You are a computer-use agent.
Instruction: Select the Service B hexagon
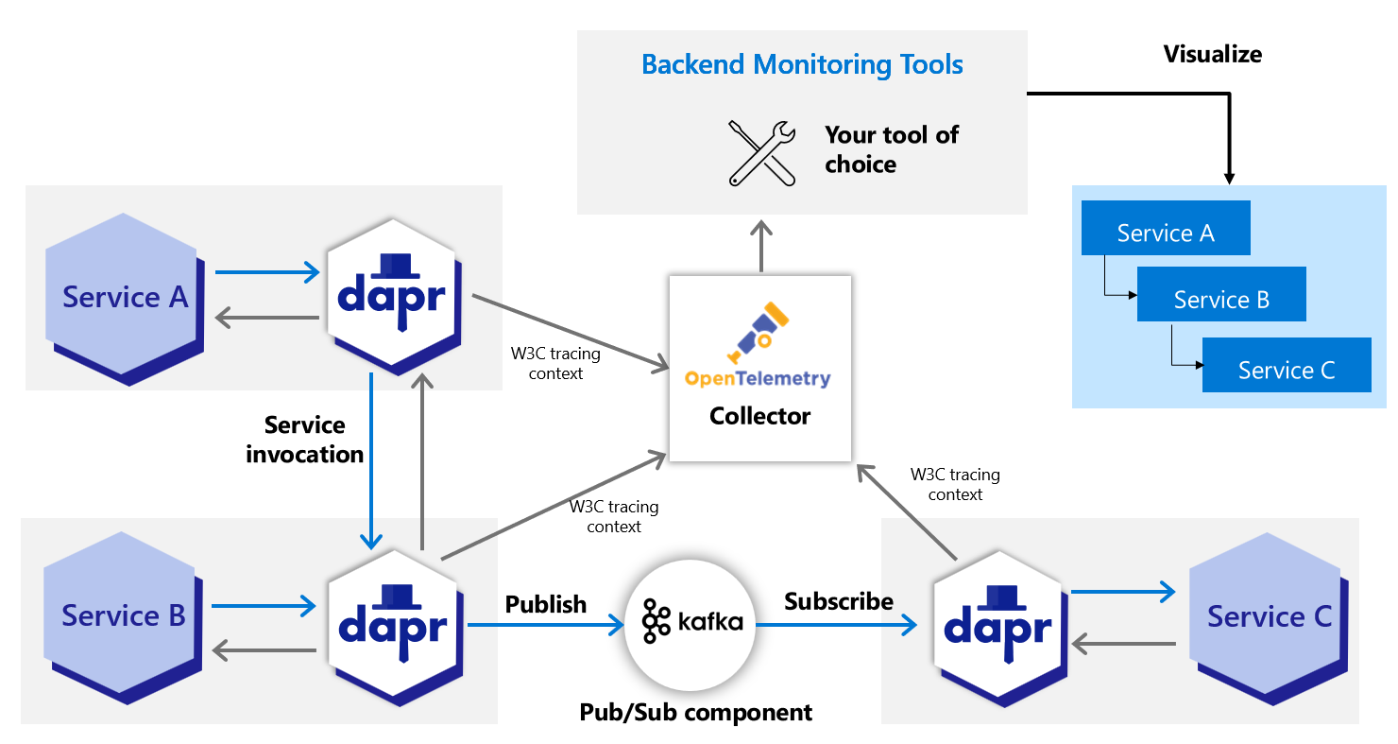click(123, 615)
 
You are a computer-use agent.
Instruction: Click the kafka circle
click(691, 621)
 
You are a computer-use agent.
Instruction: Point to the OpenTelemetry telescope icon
click(759, 331)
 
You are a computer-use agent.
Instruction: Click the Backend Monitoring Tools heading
click(802, 65)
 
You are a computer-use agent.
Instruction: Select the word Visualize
click(1212, 54)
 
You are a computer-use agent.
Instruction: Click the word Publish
click(545, 604)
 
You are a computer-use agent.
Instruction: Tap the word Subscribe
click(838, 601)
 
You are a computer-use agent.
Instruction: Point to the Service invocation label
click(304, 440)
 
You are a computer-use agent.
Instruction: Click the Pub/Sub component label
click(695, 712)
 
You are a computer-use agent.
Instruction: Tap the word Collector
click(759, 416)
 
